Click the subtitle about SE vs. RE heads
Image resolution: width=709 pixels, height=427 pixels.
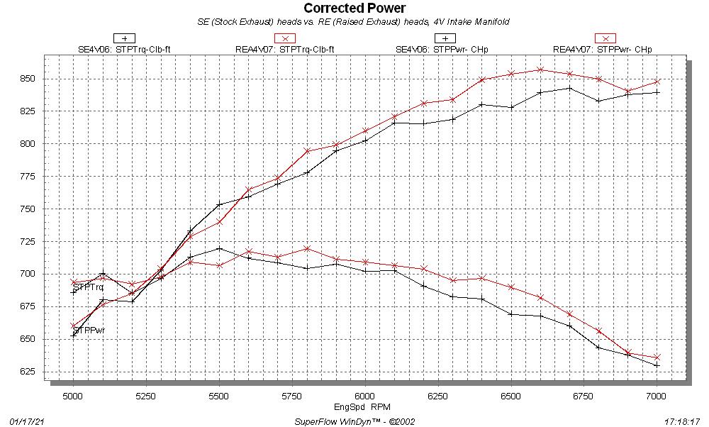[354, 22]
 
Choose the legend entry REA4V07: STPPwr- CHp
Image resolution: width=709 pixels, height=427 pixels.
[602, 49]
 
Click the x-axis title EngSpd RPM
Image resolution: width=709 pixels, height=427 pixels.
[364, 407]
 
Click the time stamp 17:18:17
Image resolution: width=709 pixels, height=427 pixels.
[682, 421]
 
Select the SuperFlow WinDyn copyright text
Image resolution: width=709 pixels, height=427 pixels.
[354, 421]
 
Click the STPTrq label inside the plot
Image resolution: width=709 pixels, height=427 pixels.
[89, 287]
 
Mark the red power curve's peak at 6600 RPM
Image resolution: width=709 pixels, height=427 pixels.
[540, 70]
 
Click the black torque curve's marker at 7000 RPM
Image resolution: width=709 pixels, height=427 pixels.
[657, 365]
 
